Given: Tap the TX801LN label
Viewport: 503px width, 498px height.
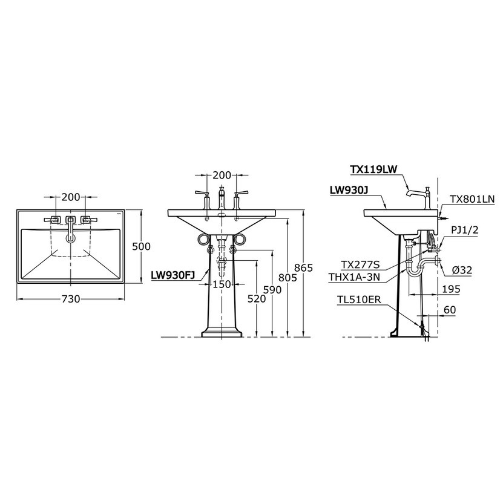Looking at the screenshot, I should click(x=472, y=198).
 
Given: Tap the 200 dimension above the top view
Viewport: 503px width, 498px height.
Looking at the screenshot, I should click(x=71, y=197).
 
